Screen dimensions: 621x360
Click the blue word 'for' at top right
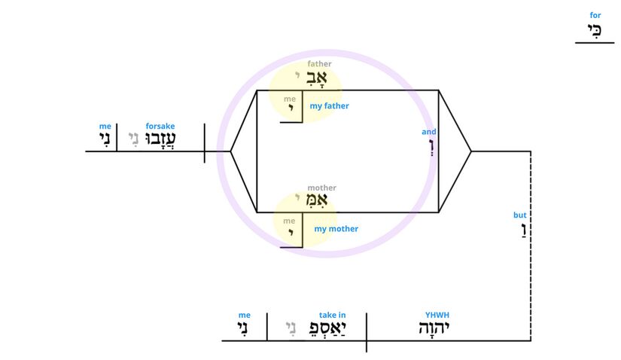click(595, 16)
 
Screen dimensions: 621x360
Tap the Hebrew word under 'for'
click(595, 30)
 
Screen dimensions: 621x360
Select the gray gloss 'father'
click(319, 64)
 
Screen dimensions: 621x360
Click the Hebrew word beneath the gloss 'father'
click(316, 78)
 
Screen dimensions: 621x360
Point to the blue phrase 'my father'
click(329, 106)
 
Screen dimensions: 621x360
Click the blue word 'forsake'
click(160, 126)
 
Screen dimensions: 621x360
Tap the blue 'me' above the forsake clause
click(105, 126)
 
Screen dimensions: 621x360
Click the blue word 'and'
click(428, 132)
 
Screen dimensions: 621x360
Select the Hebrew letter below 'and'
click(432, 147)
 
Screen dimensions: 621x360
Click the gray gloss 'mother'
click(321, 188)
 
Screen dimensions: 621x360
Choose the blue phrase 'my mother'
click(336, 229)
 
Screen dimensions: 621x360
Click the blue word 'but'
click(519, 215)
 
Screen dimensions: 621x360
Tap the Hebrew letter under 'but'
click(524, 230)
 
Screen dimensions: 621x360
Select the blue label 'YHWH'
click(437, 315)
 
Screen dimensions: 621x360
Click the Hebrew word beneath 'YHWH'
click(434, 328)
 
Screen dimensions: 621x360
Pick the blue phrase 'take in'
click(332, 315)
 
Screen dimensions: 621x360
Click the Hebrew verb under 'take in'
click(327, 328)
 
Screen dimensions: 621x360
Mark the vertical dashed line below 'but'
click(531, 246)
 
